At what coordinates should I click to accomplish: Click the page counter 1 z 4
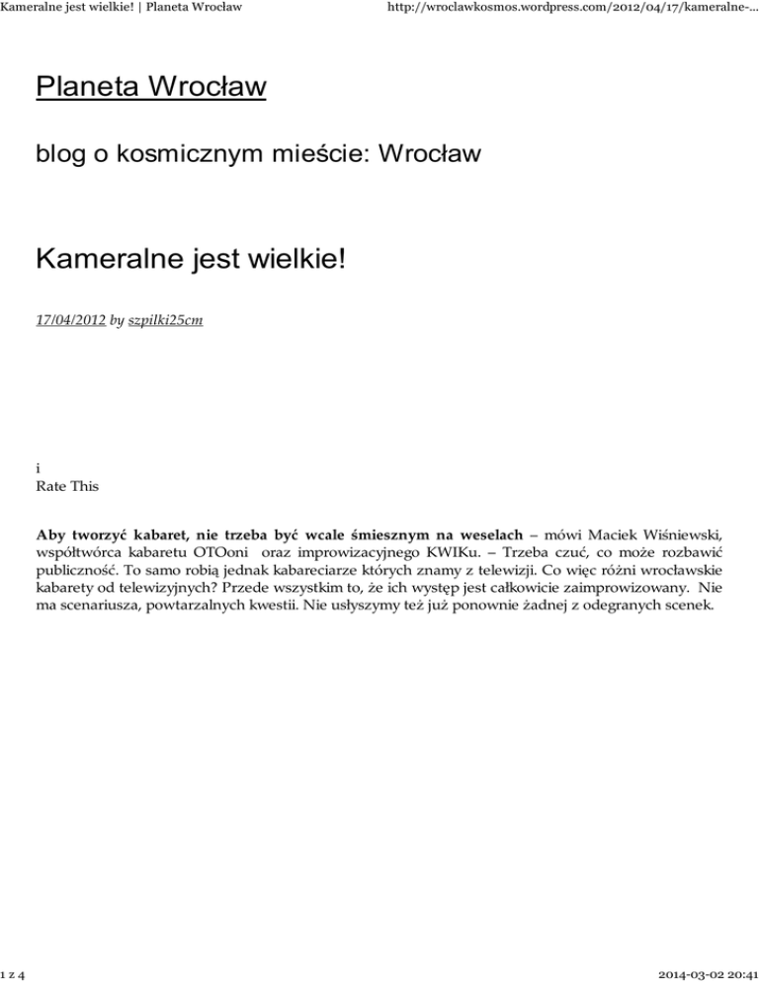(15, 972)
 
